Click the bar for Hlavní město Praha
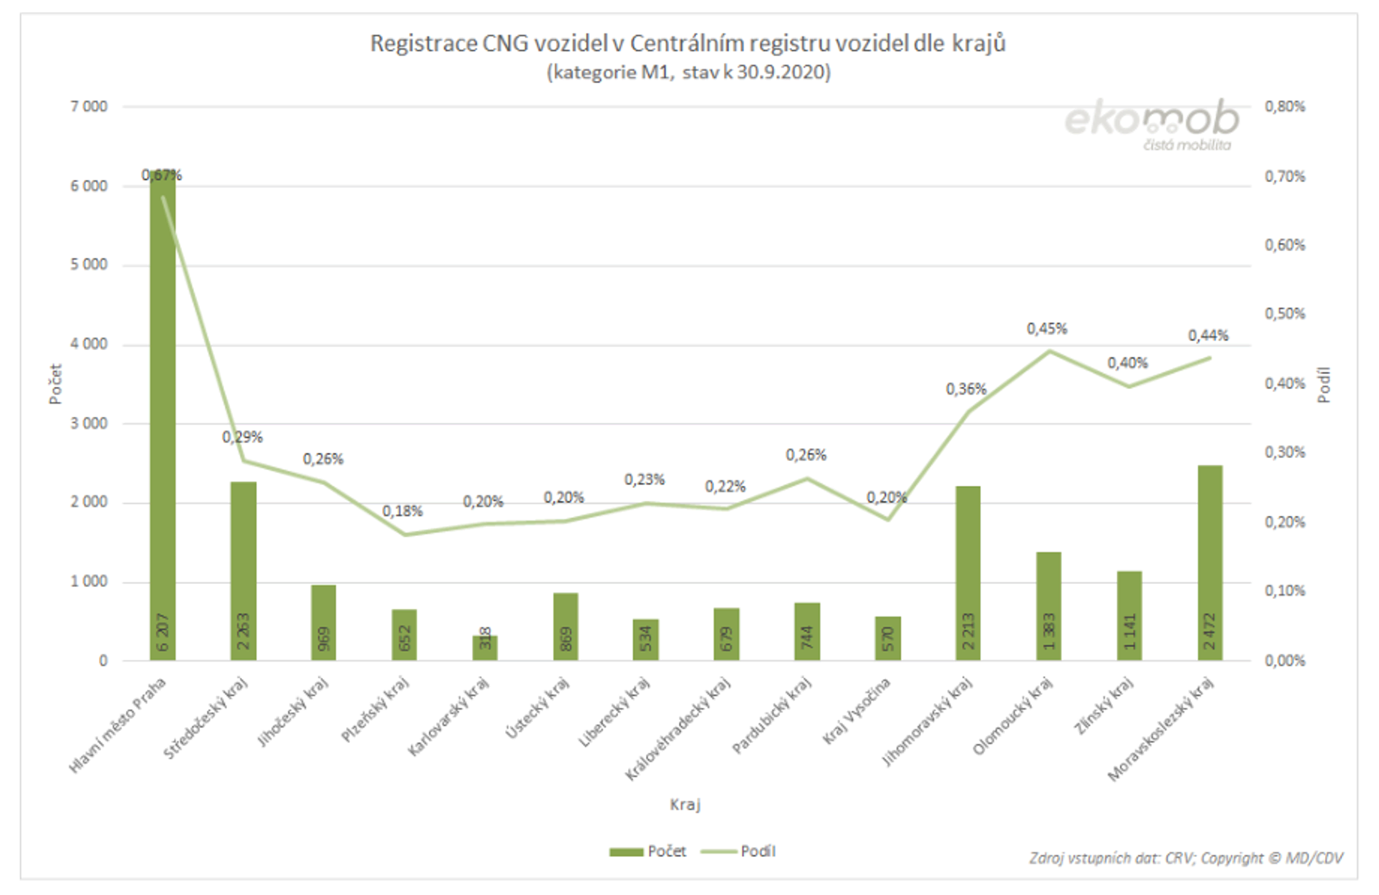[163, 417]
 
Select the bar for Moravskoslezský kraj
[1210, 562]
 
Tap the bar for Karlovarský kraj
[485, 648]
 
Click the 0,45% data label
[1047, 329]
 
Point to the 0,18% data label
[402, 511]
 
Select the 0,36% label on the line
[966, 389]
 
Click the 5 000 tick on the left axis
[89, 265]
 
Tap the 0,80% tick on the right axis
[1285, 106]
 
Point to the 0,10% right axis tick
[1285, 591]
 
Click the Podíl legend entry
[739, 851]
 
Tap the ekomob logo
[1151, 123]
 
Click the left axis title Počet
[56, 384]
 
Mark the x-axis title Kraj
[685, 805]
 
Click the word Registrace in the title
[423, 44]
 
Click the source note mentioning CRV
[1185, 858]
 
